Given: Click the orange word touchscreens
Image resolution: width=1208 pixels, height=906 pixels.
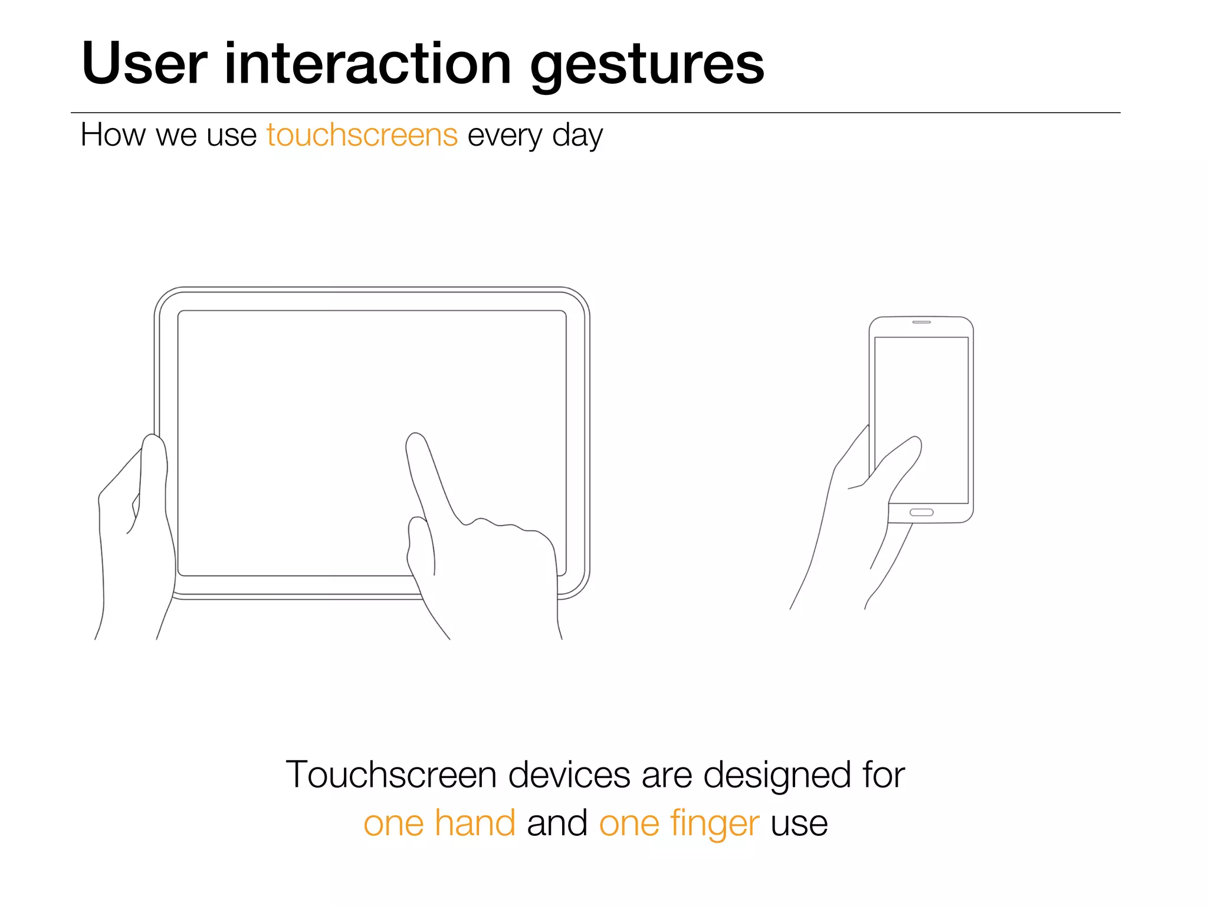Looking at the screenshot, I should click(362, 135).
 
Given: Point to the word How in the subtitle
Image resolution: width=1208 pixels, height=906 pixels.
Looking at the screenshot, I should click(113, 135).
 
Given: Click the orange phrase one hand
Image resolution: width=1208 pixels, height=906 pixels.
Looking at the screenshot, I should click(439, 823).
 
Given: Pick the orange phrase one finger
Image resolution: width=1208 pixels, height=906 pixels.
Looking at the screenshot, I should click(679, 823).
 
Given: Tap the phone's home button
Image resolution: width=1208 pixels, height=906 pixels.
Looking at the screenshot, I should click(921, 512).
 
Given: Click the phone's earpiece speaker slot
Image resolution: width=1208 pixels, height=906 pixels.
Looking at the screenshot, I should click(921, 322).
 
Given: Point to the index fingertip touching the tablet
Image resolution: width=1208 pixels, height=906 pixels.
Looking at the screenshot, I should click(416, 442).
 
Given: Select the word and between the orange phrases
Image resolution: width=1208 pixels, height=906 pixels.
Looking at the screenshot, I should click(557, 823).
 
